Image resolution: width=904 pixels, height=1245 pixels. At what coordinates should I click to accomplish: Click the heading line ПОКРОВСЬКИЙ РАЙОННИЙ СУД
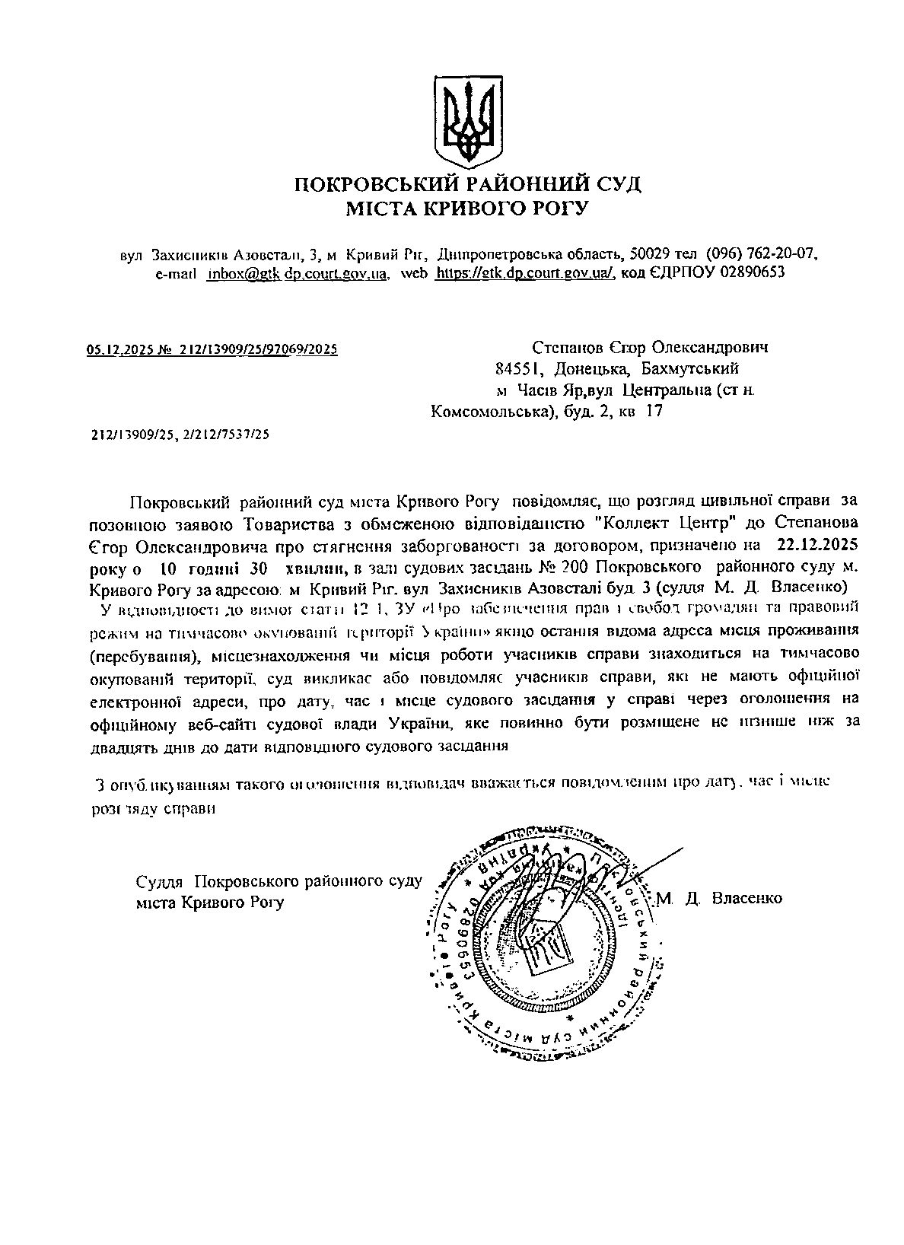click(x=468, y=184)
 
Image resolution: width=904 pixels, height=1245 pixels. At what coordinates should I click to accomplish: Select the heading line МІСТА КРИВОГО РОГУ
click(x=468, y=208)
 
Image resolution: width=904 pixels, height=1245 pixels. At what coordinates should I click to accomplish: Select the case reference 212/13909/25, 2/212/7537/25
click(x=180, y=435)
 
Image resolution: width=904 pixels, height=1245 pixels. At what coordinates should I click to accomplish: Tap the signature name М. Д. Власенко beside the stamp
click(x=719, y=898)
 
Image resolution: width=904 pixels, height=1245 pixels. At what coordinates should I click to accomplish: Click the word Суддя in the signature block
click(x=160, y=882)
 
